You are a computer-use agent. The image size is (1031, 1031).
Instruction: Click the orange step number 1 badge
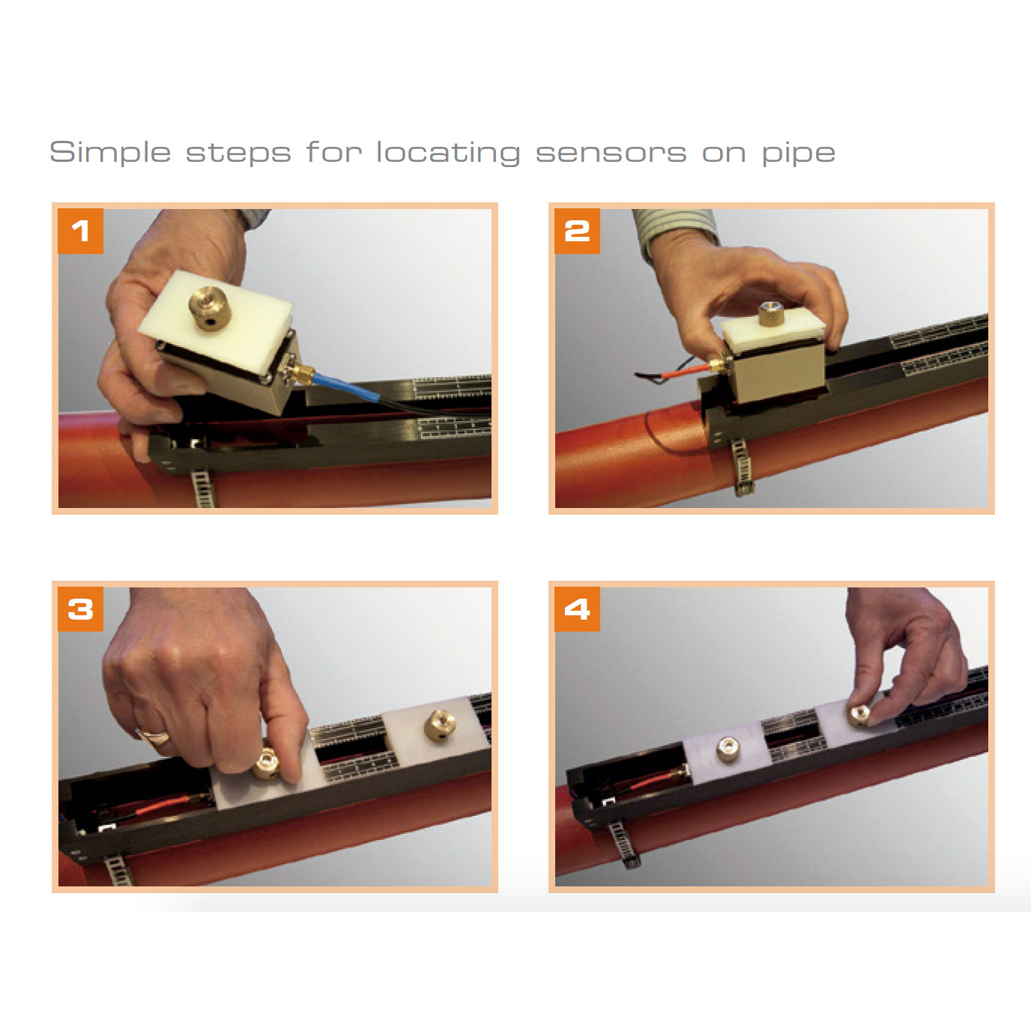pyautogui.click(x=80, y=231)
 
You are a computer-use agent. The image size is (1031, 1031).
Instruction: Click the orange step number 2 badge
pyautogui.click(x=577, y=231)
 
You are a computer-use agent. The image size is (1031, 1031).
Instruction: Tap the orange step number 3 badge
pyautogui.click(x=80, y=609)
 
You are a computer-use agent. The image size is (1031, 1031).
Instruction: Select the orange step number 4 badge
pyautogui.click(x=577, y=609)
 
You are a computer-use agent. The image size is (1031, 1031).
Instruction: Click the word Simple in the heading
pyautogui.click(x=110, y=153)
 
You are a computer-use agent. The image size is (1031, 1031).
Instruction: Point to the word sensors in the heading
pyautogui.click(x=611, y=153)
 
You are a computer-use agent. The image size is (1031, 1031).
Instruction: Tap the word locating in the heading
pyautogui.click(x=448, y=153)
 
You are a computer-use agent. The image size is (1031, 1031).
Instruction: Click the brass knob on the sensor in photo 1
pyautogui.click(x=209, y=308)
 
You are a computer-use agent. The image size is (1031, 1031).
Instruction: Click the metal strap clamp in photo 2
pyautogui.click(x=741, y=467)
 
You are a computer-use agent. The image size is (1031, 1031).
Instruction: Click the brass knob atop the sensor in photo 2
pyautogui.click(x=770, y=312)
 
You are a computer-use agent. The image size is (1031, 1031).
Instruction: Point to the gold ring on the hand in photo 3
pyautogui.click(x=155, y=736)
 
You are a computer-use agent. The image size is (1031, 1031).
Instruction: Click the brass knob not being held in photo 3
pyautogui.click(x=440, y=725)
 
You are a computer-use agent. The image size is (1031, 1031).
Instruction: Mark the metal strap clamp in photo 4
pyautogui.click(x=623, y=843)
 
